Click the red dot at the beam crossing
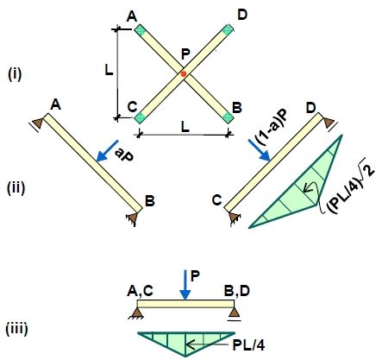click(x=184, y=73)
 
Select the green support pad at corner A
click(x=140, y=30)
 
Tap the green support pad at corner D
click(x=228, y=29)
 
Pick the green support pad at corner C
click(x=140, y=117)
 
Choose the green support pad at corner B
click(x=228, y=117)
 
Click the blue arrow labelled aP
click(x=107, y=151)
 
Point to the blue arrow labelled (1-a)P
click(x=259, y=150)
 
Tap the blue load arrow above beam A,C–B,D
click(x=185, y=285)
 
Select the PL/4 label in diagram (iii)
click(x=248, y=345)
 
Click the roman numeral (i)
click(x=15, y=74)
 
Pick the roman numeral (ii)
click(x=16, y=187)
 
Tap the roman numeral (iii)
click(x=17, y=329)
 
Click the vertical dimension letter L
click(x=109, y=70)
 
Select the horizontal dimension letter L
click(x=185, y=127)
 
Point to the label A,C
click(x=140, y=291)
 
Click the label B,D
click(x=237, y=291)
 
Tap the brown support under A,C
click(x=137, y=313)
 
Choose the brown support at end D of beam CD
click(x=329, y=123)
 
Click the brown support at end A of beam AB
click(x=37, y=123)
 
